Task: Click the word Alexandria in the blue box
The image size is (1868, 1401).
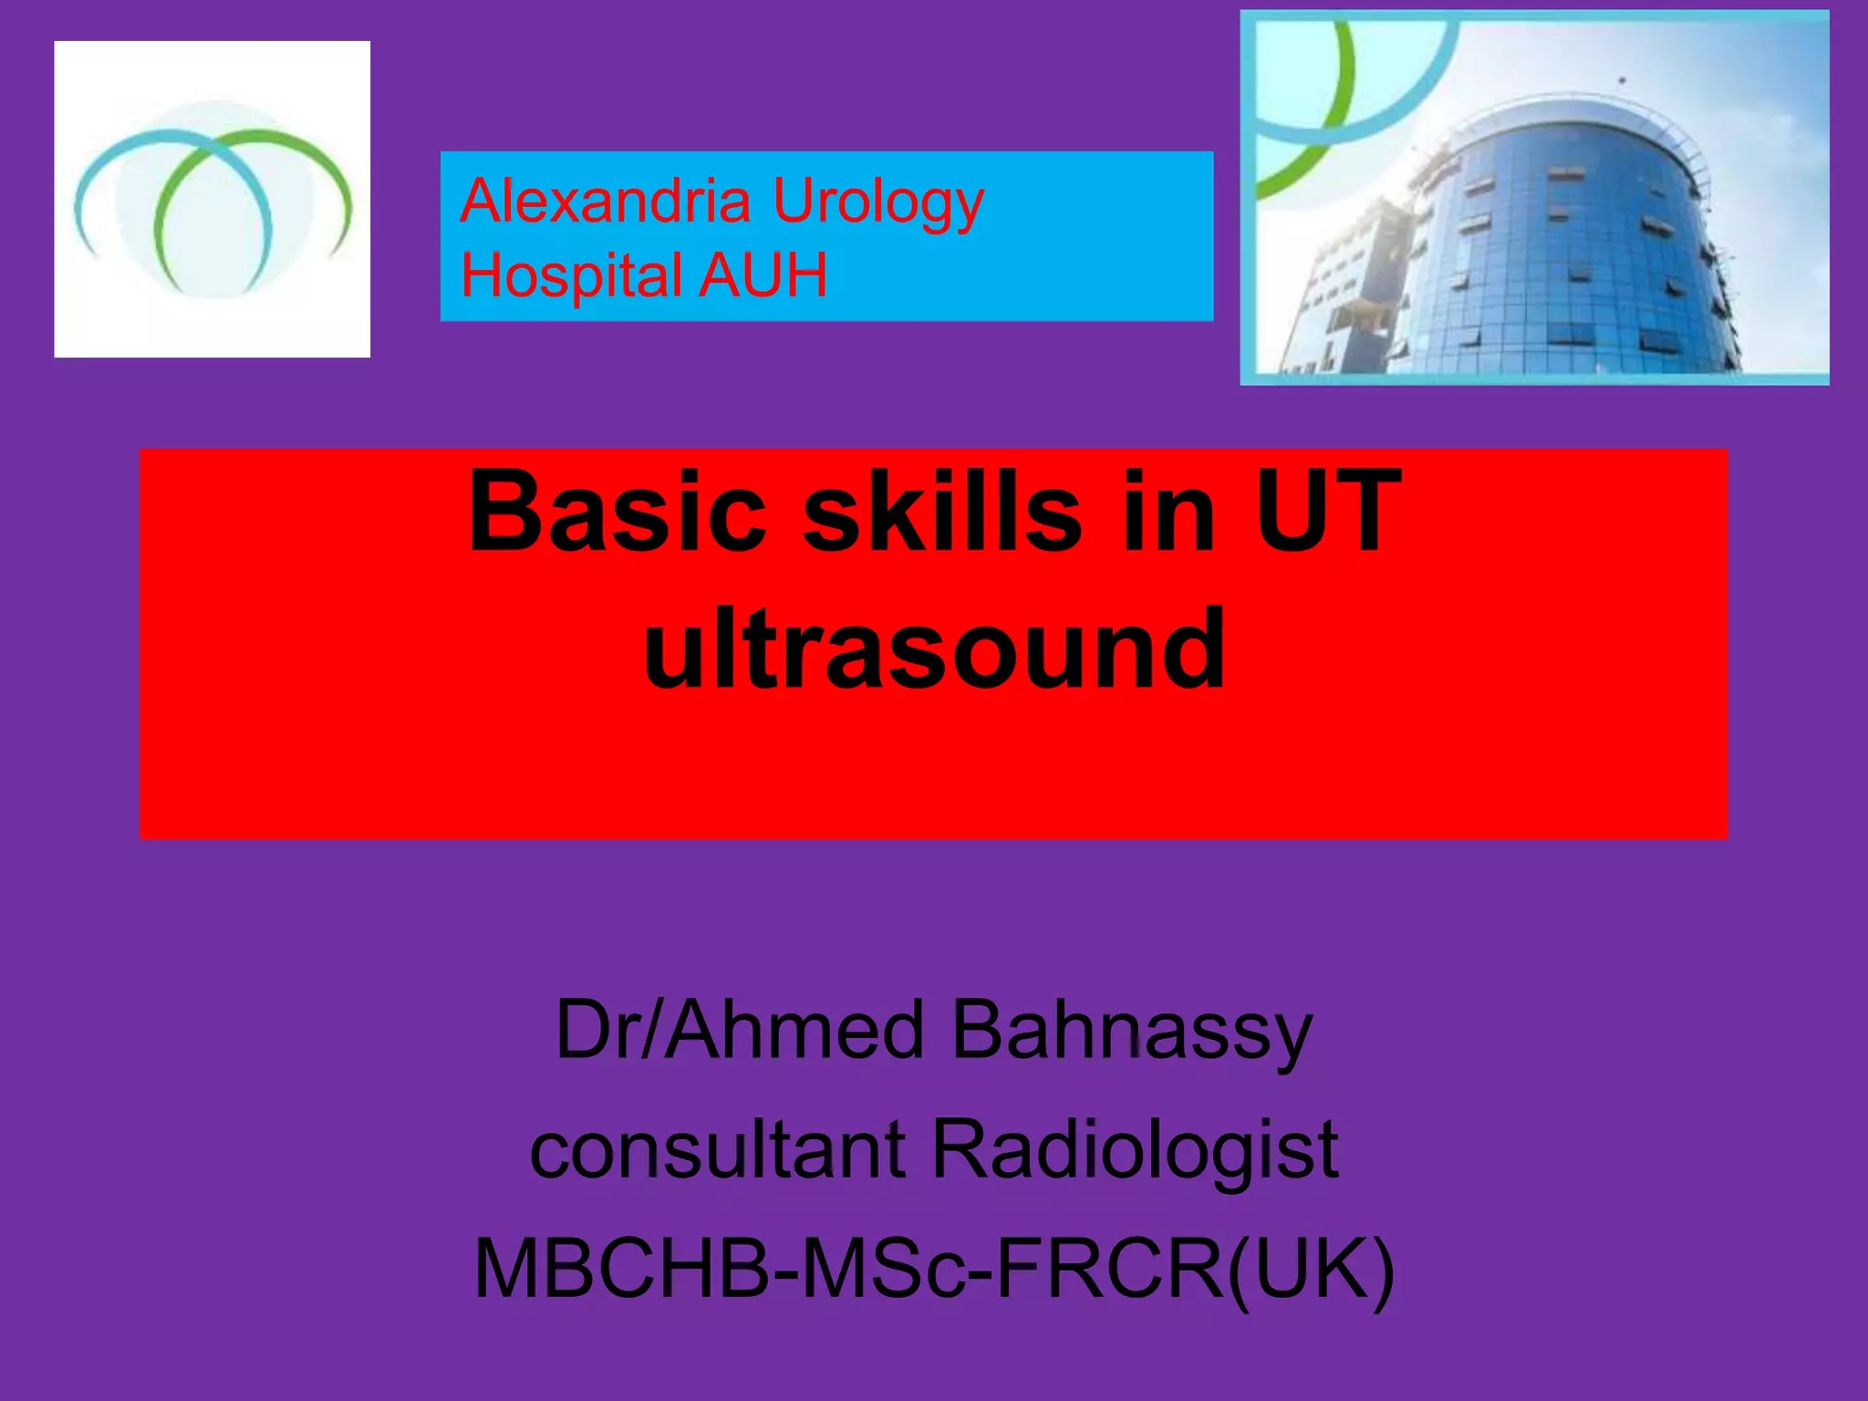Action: click(606, 201)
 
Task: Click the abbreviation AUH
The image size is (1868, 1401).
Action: click(763, 275)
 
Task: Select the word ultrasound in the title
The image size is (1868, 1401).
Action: click(934, 649)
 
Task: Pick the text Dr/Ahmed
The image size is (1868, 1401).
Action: click(740, 1031)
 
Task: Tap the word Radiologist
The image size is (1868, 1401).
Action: click(1135, 1151)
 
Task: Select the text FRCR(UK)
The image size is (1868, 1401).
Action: click(1195, 1268)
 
